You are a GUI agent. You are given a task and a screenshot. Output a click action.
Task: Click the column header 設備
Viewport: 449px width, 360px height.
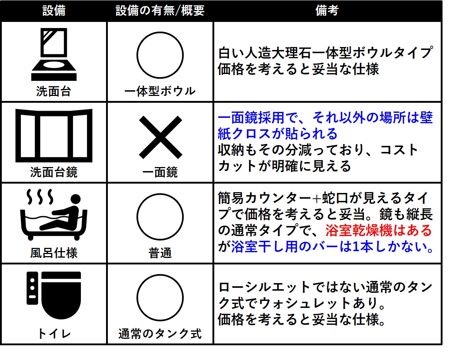tap(54, 10)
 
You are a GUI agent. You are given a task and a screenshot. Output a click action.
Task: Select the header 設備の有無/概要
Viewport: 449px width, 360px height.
tap(160, 10)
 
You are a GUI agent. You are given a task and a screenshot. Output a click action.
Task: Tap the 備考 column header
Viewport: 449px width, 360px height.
tap(327, 10)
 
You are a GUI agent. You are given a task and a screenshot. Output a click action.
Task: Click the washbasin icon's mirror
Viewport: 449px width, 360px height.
tap(54, 42)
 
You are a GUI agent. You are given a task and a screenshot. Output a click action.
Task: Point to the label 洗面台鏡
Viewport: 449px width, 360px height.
tap(54, 172)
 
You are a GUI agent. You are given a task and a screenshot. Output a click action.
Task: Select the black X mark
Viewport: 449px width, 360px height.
tap(160, 137)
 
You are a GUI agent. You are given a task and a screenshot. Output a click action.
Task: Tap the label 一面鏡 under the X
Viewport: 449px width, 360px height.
tap(160, 172)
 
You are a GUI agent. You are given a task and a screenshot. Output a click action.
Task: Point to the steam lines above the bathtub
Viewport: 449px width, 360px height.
tap(40, 197)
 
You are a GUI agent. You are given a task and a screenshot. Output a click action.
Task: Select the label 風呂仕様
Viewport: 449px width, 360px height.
tap(54, 253)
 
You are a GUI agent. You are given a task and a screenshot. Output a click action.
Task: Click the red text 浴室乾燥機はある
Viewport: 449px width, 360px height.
tap(379, 230)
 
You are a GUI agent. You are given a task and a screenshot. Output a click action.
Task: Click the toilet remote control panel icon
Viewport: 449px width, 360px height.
tap(32, 288)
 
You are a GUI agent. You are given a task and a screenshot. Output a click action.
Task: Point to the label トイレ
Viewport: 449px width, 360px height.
tap(54, 334)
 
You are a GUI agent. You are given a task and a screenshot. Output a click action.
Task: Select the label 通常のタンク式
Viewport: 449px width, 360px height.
tap(160, 334)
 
